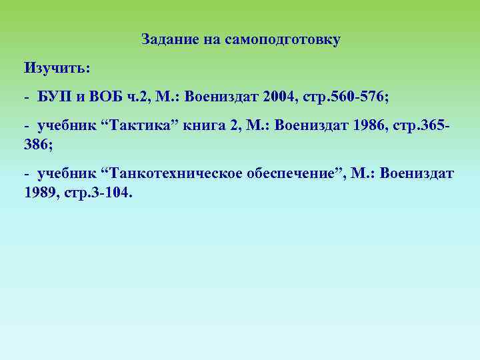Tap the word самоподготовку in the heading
[x=283, y=40]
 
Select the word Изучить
[x=57, y=68]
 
